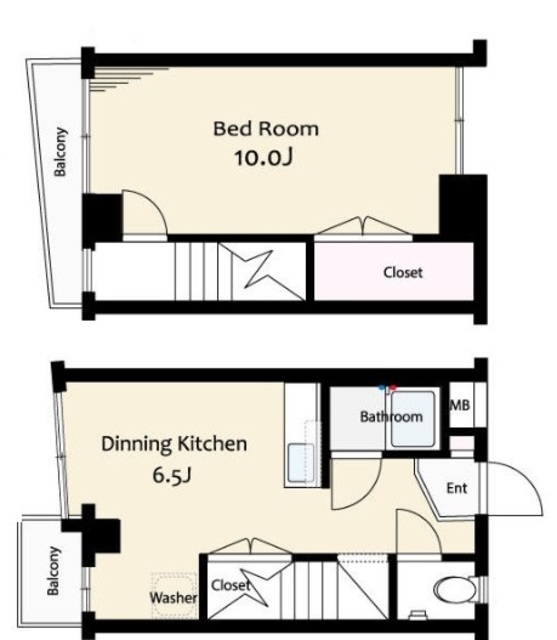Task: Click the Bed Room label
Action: (266, 129)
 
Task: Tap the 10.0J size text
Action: (264, 157)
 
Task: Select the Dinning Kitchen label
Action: (174, 444)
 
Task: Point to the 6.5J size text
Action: (172, 475)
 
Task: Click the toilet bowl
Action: (455, 589)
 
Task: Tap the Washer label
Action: (173, 598)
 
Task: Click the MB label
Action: (459, 405)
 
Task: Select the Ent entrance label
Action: (457, 488)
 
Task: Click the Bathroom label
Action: (391, 417)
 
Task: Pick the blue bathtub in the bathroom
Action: (413, 419)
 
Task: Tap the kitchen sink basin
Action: (301, 463)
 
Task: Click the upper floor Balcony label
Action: (60, 151)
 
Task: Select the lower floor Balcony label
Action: (53, 571)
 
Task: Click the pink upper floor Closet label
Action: (403, 272)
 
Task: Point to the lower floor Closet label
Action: (231, 585)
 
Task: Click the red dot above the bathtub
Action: (393, 387)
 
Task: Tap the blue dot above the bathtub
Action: (382, 387)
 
